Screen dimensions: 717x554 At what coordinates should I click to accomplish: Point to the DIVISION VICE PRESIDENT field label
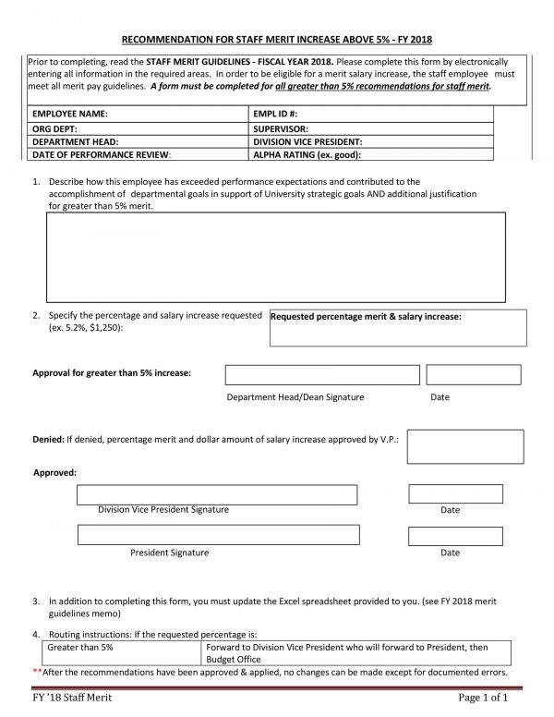point(307,141)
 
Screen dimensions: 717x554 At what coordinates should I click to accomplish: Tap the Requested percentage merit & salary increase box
point(398,328)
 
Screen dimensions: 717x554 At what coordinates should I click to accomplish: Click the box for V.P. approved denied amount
point(452,446)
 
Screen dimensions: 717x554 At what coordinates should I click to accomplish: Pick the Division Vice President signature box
point(218,494)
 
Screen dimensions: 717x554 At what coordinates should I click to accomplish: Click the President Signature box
point(218,535)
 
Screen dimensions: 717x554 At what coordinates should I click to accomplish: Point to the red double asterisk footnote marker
point(37,672)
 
